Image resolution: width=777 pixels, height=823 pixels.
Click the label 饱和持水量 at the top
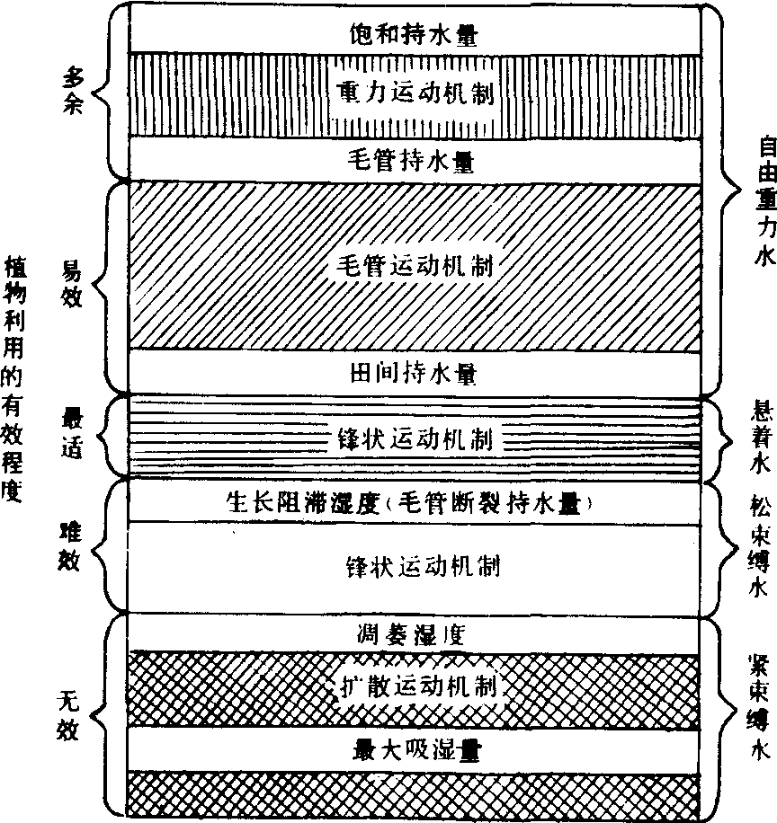(x=414, y=35)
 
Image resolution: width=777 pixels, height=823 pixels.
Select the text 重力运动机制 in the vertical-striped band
(x=415, y=93)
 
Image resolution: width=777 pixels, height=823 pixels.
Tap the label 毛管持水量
(x=411, y=161)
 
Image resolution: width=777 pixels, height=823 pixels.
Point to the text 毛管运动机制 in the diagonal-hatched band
(x=415, y=266)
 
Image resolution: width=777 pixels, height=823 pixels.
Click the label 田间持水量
(x=414, y=375)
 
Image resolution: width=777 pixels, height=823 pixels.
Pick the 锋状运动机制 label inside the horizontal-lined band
(x=415, y=439)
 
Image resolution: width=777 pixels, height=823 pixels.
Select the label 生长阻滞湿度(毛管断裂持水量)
(x=410, y=503)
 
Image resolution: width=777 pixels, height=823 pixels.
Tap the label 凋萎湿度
(x=411, y=635)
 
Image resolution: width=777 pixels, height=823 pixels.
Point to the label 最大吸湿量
(x=416, y=750)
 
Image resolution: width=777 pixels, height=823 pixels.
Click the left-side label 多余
(x=73, y=93)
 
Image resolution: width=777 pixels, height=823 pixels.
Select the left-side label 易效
(x=71, y=285)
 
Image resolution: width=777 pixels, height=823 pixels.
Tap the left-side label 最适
(x=72, y=434)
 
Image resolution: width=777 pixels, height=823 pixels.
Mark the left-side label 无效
(x=68, y=716)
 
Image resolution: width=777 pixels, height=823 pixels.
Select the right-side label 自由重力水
(x=766, y=201)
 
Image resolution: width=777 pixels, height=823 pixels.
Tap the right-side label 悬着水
(x=760, y=438)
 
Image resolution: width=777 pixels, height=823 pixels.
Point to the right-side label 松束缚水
(x=760, y=545)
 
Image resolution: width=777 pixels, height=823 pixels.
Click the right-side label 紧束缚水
(x=759, y=707)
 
